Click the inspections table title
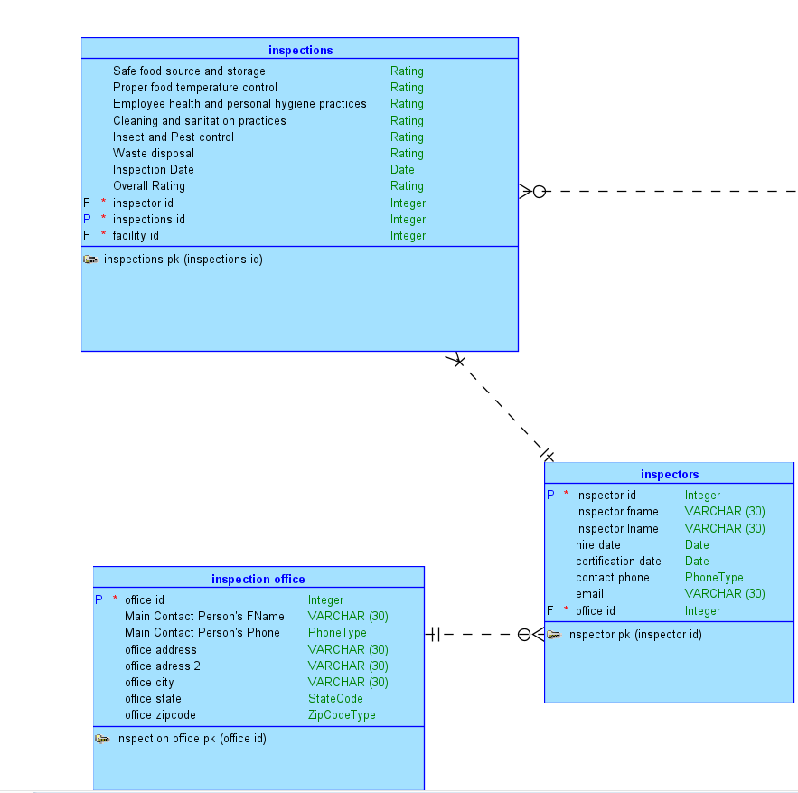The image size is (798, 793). pyautogui.click(x=300, y=50)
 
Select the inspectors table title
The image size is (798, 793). pyautogui.click(x=670, y=474)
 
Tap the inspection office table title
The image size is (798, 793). pyautogui.click(x=258, y=579)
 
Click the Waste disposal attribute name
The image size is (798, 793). pyautogui.click(x=153, y=154)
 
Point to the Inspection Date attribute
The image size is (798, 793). pyautogui.click(x=153, y=170)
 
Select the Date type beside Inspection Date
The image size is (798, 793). pyautogui.click(x=402, y=170)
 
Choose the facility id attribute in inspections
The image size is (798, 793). pyautogui.click(x=136, y=236)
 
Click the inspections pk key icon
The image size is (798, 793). pyautogui.click(x=90, y=260)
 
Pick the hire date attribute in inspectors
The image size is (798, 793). pyautogui.click(x=597, y=545)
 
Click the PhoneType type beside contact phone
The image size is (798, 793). pyautogui.click(x=714, y=578)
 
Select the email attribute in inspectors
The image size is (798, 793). pyautogui.click(x=589, y=594)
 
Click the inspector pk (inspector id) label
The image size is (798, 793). pyautogui.click(x=634, y=635)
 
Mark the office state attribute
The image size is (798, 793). pyautogui.click(x=153, y=699)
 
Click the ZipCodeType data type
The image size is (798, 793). pyautogui.click(x=342, y=715)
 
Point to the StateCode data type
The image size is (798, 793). pyautogui.click(x=335, y=699)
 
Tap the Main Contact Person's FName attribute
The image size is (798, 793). pyautogui.click(x=204, y=617)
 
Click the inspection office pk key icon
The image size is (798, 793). pyautogui.click(x=102, y=739)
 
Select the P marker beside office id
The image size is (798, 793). pyautogui.click(x=99, y=599)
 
